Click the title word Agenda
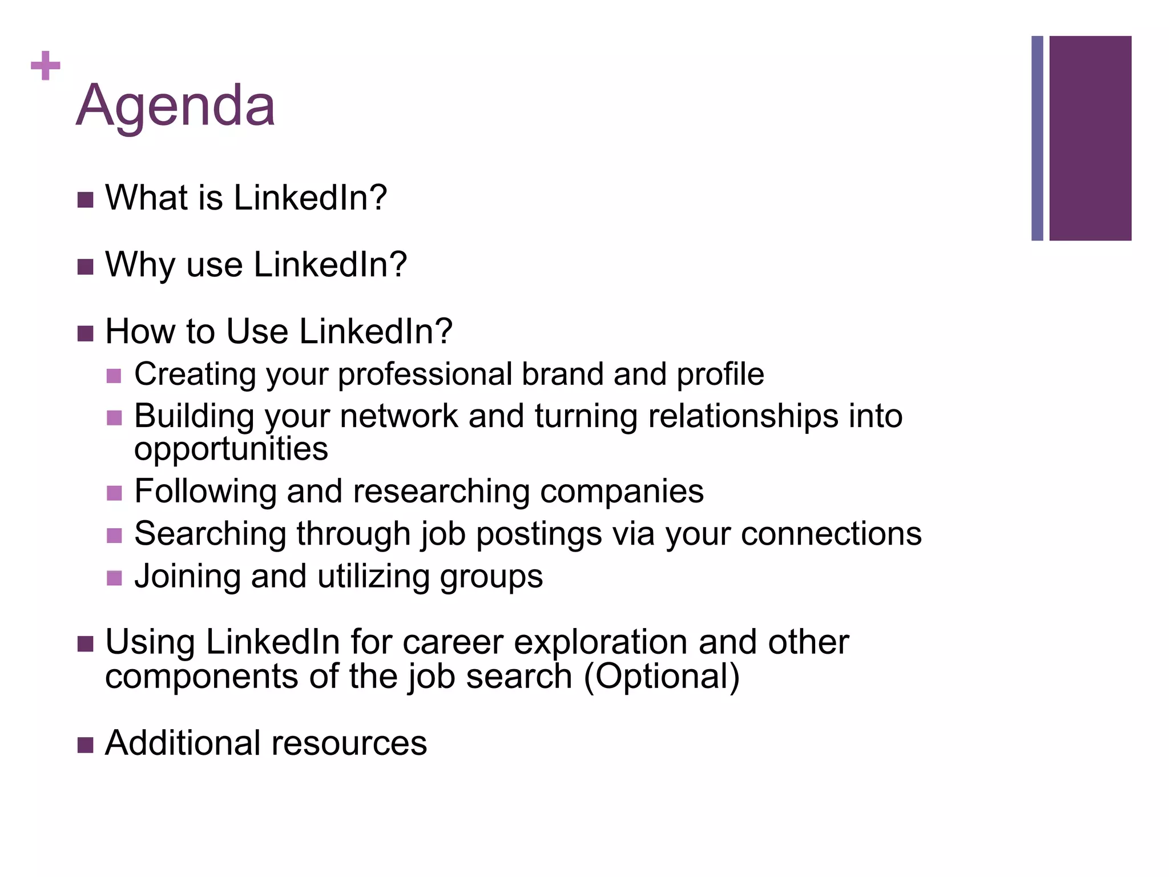tap(175, 106)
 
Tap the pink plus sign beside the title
tap(45, 66)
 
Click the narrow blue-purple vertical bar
tap(1037, 138)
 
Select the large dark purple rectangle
tap(1090, 138)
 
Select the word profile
tap(720, 375)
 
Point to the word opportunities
tap(231, 449)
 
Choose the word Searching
tap(210, 534)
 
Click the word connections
tap(831, 534)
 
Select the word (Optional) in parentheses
tap(662, 677)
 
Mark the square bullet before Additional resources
tap(85, 745)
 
